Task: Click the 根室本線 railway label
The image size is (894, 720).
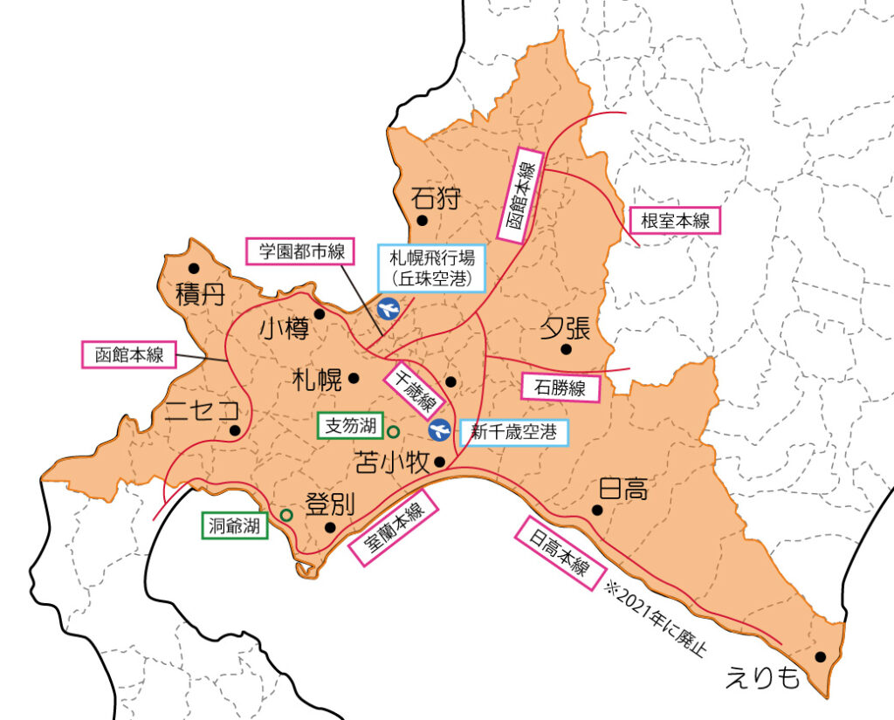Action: click(675, 221)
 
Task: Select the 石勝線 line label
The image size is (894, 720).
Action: click(560, 387)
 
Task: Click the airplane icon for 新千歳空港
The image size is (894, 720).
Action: click(440, 429)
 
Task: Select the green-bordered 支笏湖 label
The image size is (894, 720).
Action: click(350, 426)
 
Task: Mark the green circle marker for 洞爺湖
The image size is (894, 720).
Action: click(286, 515)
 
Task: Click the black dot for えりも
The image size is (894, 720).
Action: click(820, 657)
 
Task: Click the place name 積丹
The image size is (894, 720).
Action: click(199, 293)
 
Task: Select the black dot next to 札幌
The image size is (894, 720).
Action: click(354, 379)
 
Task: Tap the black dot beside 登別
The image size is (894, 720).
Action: click(330, 527)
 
